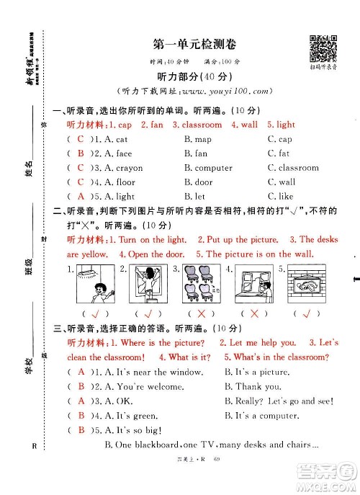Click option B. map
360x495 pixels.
(x=198, y=139)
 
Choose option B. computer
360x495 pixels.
(x=208, y=168)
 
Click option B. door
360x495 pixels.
(x=199, y=182)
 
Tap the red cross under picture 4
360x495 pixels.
(x=253, y=314)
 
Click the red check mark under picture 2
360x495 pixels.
(x=149, y=314)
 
